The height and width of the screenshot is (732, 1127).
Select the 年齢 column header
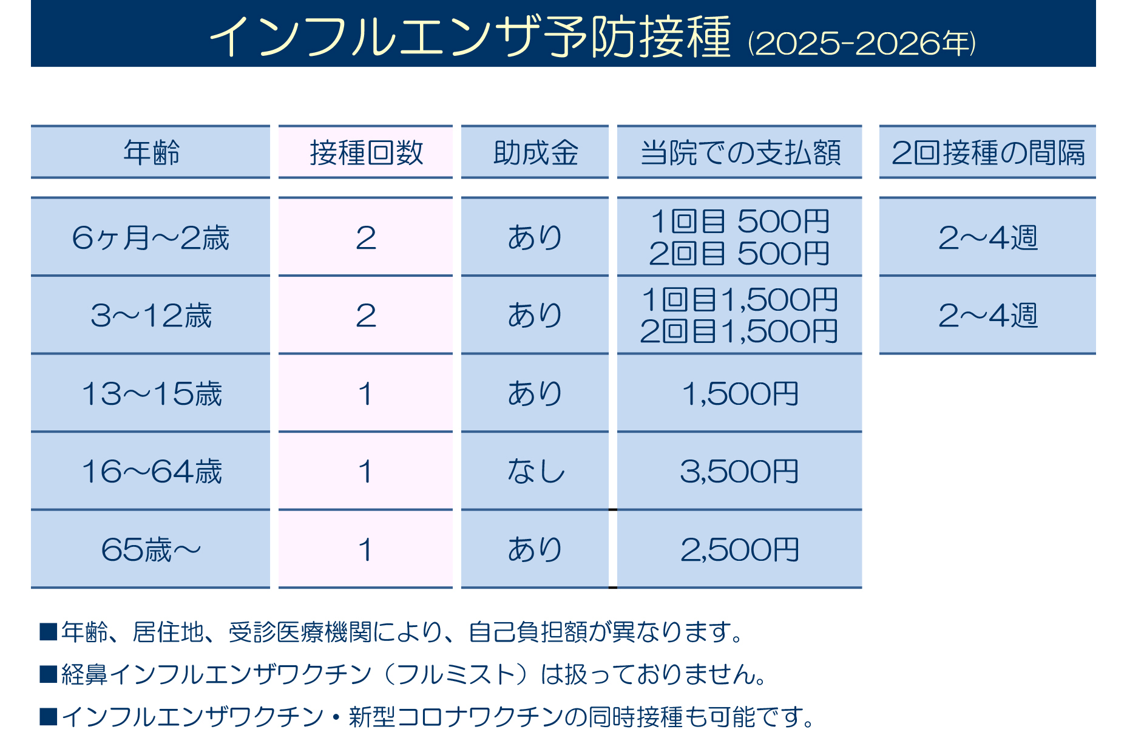151,152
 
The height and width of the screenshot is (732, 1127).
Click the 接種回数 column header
366,152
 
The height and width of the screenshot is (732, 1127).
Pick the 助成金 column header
535,152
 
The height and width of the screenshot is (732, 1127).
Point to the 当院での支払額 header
740,152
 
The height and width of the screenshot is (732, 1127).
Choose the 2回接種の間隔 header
987,152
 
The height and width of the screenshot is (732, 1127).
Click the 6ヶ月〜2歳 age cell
151,237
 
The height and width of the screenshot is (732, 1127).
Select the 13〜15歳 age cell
151,393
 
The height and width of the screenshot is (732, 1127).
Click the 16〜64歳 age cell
151,472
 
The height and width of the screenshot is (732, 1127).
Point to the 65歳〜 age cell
151,550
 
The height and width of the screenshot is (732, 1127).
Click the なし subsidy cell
535,472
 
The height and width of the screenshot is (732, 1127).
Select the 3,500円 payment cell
739,472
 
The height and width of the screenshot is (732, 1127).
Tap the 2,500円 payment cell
739,550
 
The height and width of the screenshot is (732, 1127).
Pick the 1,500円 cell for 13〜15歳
739,393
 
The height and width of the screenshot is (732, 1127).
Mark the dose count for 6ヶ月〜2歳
366,237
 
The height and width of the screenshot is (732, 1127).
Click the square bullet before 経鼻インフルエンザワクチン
48,674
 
